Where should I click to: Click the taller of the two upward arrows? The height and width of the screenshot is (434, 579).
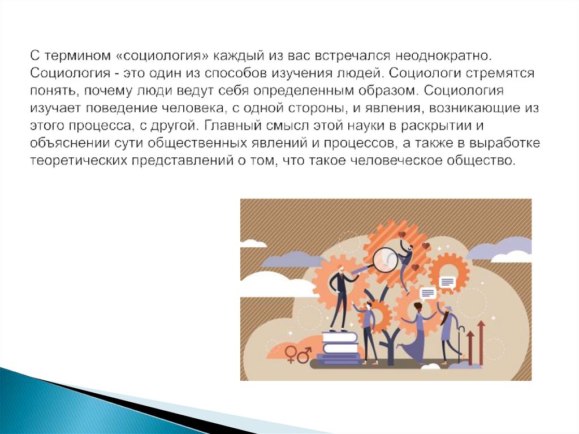tap(481, 342)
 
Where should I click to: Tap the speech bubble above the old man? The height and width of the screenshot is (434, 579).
tap(447, 282)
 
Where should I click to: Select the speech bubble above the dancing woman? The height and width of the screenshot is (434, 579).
tap(427, 293)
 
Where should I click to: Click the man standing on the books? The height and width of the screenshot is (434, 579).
tap(340, 297)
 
